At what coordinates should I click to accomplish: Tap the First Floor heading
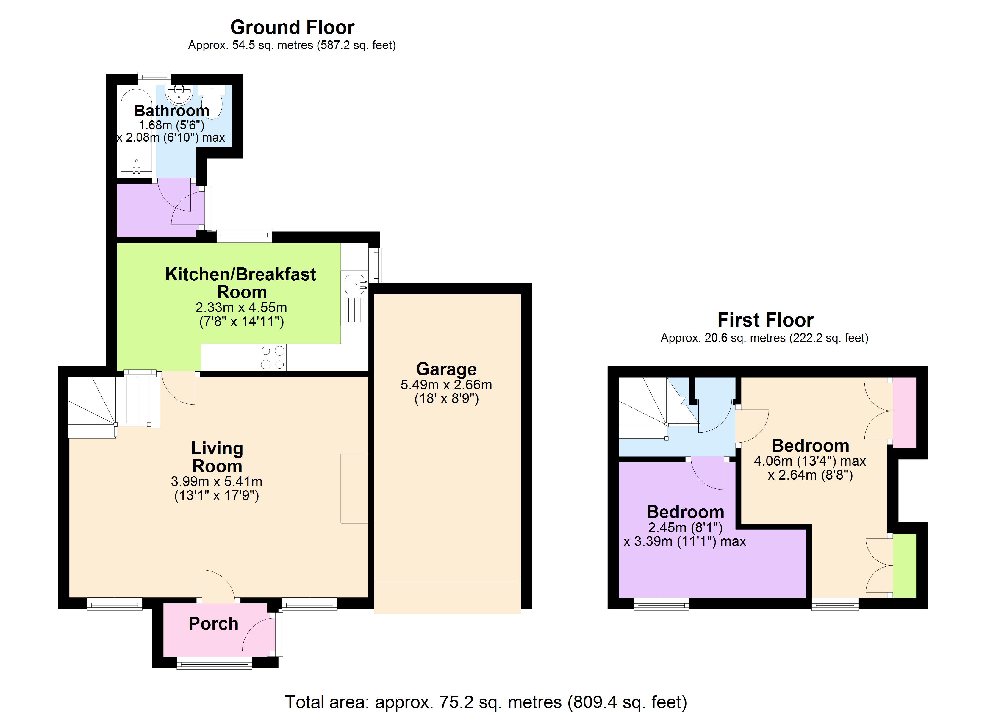[765, 320]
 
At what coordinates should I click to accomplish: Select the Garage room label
[446, 369]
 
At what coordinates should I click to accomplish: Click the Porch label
[213, 624]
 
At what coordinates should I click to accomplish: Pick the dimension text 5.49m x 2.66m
[446, 384]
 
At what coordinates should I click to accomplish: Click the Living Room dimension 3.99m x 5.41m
[217, 481]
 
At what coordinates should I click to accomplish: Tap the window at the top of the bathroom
[154, 78]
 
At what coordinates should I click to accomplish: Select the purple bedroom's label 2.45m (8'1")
[685, 527]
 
